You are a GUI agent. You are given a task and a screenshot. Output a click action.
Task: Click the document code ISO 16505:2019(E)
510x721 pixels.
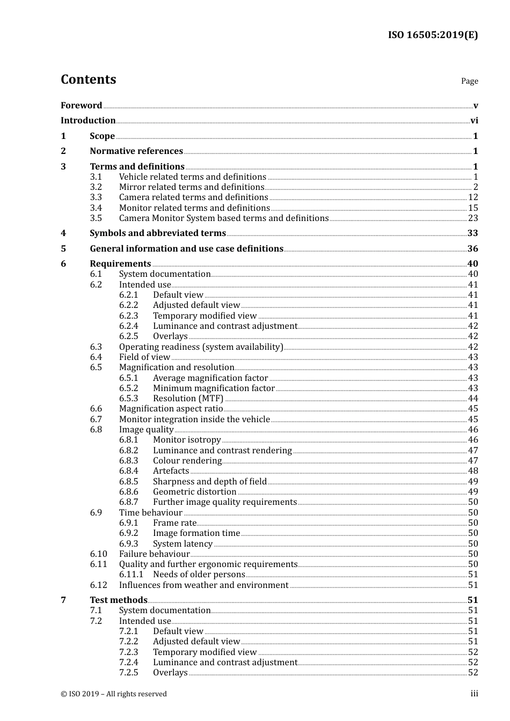[x=433, y=35]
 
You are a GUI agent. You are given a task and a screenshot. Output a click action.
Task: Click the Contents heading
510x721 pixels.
[x=88, y=79]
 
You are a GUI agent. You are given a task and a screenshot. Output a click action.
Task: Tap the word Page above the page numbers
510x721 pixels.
[x=469, y=81]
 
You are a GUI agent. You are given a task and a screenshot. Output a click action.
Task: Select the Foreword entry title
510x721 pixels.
[x=81, y=105]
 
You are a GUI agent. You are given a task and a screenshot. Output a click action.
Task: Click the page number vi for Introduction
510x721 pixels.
[x=474, y=121]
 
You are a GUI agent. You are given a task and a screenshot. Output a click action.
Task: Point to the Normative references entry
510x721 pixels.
[x=136, y=151]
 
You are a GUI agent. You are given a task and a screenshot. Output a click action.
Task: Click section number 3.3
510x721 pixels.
[x=96, y=197]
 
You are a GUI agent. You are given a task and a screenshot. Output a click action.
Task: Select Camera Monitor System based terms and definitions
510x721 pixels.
[x=223, y=218]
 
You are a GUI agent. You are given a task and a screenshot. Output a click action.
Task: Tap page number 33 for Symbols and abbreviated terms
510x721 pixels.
[x=472, y=233]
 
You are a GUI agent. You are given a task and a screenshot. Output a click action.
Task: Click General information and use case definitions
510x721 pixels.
[x=186, y=249]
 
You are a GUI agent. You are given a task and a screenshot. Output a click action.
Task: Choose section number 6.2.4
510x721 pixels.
[x=128, y=326]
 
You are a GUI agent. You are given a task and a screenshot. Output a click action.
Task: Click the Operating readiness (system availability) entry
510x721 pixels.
[x=201, y=347]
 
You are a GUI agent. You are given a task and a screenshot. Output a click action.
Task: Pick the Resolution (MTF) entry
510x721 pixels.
[x=188, y=399]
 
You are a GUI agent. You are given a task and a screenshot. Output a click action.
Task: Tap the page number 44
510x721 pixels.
[x=472, y=399]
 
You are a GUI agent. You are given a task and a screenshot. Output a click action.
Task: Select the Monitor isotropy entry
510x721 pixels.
[x=187, y=440]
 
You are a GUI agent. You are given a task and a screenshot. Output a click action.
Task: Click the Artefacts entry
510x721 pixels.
[x=171, y=471]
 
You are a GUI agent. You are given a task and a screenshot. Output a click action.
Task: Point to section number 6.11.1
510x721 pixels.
[x=131, y=575]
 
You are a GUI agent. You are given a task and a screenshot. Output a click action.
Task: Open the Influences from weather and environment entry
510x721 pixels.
[x=203, y=585]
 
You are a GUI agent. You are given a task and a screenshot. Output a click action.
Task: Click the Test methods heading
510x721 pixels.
[x=118, y=600]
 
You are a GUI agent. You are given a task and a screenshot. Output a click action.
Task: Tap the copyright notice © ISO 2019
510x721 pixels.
[x=114, y=694]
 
